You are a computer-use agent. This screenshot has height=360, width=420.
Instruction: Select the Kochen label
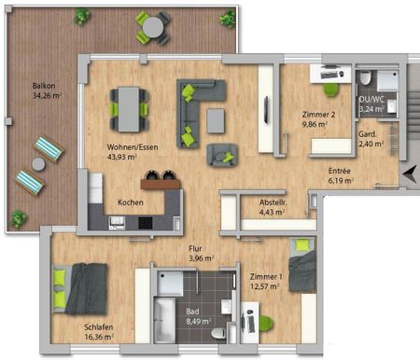click(130, 201)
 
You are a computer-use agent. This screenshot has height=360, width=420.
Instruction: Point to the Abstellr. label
click(273, 202)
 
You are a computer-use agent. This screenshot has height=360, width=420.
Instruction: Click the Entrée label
click(340, 170)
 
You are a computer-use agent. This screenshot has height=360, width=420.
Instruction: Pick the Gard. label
click(370, 134)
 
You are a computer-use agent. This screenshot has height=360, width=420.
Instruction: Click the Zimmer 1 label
click(266, 277)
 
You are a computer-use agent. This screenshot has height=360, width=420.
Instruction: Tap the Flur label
click(196, 248)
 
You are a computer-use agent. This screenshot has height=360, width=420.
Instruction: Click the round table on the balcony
click(151, 27)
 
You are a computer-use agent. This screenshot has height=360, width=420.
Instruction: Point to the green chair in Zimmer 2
click(330, 90)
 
